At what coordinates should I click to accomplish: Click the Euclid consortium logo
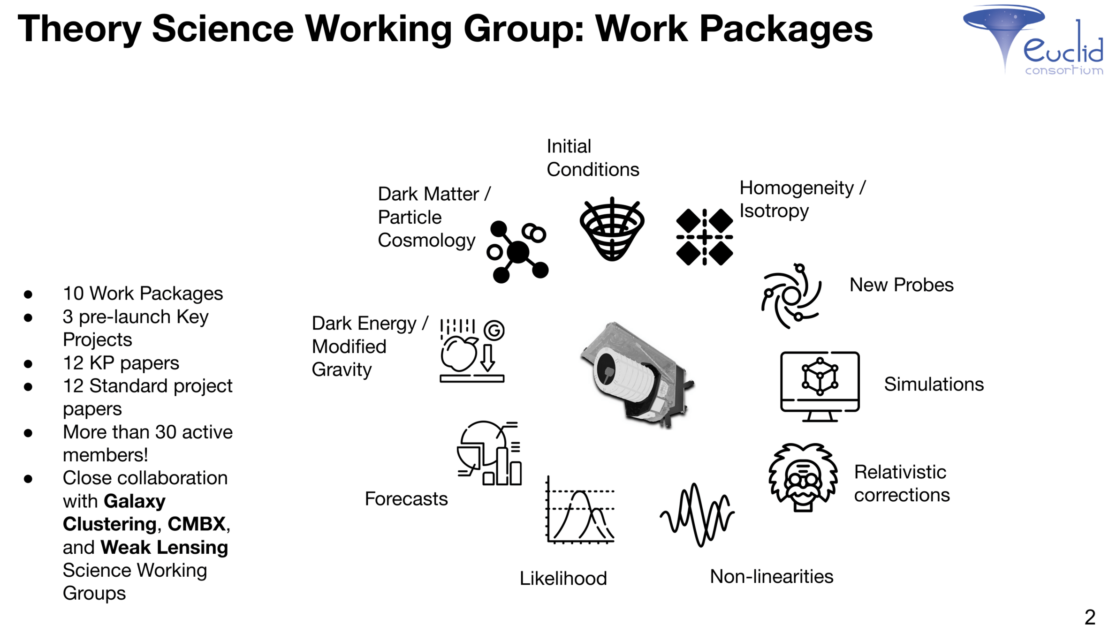(1032, 40)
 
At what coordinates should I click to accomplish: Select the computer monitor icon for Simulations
(820, 385)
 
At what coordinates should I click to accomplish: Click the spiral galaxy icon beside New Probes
(791, 296)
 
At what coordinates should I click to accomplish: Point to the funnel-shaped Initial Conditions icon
(612, 230)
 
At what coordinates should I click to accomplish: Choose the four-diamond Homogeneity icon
(704, 237)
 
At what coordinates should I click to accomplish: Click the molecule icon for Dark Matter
(518, 252)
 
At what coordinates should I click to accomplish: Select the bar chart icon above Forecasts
(490, 453)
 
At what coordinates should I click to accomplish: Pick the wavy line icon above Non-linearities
(697, 515)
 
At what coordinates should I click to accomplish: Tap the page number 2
(1089, 617)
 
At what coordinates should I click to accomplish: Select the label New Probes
(901, 285)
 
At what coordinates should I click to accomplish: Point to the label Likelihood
(563, 578)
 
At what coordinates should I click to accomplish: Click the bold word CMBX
(197, 524)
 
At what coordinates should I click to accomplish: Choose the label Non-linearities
(771, 576)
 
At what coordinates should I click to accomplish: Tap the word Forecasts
(406, 498)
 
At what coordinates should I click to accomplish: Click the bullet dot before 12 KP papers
(28, 364)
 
